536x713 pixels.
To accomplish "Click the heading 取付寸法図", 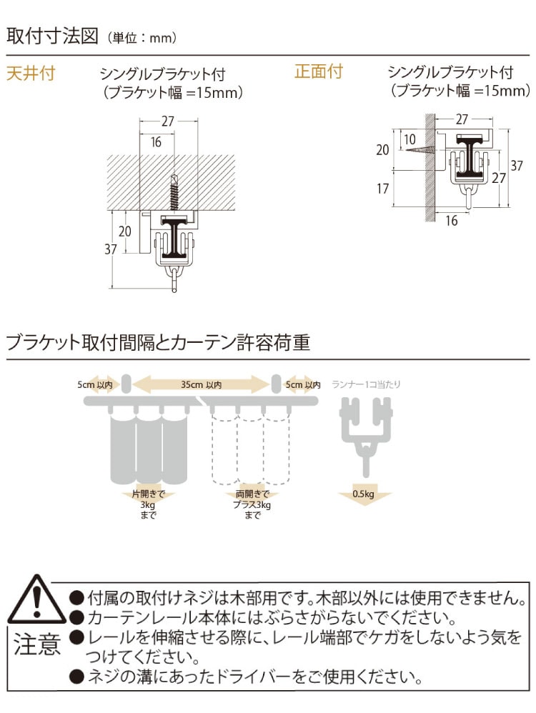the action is [52, 36].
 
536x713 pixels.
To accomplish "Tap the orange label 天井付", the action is [31, 73].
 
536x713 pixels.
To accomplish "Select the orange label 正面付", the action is [319, 71].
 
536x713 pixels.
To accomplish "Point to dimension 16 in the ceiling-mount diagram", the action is [156, 142].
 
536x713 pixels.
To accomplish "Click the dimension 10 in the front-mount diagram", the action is [410, 139].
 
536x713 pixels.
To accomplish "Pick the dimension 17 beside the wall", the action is [382, 189].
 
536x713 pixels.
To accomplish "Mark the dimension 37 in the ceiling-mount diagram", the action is [111, 249].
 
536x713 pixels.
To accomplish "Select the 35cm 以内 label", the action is [201, 384].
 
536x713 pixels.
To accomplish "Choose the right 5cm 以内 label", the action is [303, 384].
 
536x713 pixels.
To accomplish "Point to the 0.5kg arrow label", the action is [364, 494].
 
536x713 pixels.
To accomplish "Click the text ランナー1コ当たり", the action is [367, 384].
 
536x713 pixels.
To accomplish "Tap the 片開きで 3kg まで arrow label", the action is [148, 504].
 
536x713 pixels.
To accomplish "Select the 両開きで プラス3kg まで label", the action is [252, 504].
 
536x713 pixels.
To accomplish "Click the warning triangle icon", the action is [37, 600].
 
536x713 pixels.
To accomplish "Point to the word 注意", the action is [37, 644].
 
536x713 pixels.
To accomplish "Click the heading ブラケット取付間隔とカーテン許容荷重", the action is [159, 342].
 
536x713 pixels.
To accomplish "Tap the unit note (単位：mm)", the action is [142, 38].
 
